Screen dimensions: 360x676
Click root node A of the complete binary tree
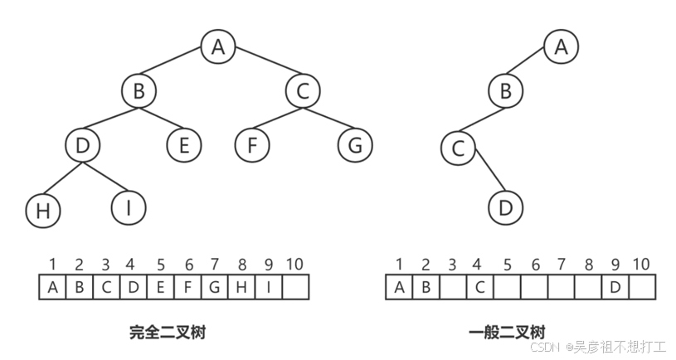click(x=217, y=46)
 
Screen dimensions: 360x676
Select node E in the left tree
click(x=182, y=145)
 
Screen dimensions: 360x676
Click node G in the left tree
click(x=354, y=145)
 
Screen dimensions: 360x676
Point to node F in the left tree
click(x=251, y=145)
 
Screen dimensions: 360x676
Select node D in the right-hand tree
click(x=505, y=207)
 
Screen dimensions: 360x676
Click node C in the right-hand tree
click(x=456, y=150)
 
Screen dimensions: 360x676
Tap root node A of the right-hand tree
click(x=561, y=46)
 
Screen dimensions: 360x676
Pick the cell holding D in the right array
click(x=615, y=288)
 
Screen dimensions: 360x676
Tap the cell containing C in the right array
click(x=480, y=288)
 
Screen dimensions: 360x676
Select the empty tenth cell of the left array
click(x=294, y=288)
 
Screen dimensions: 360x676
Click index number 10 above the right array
click(x=640, y=265)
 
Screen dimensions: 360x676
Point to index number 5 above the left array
click(x=160, y=265)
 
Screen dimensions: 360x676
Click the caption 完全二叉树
click(x=167, y=333)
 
